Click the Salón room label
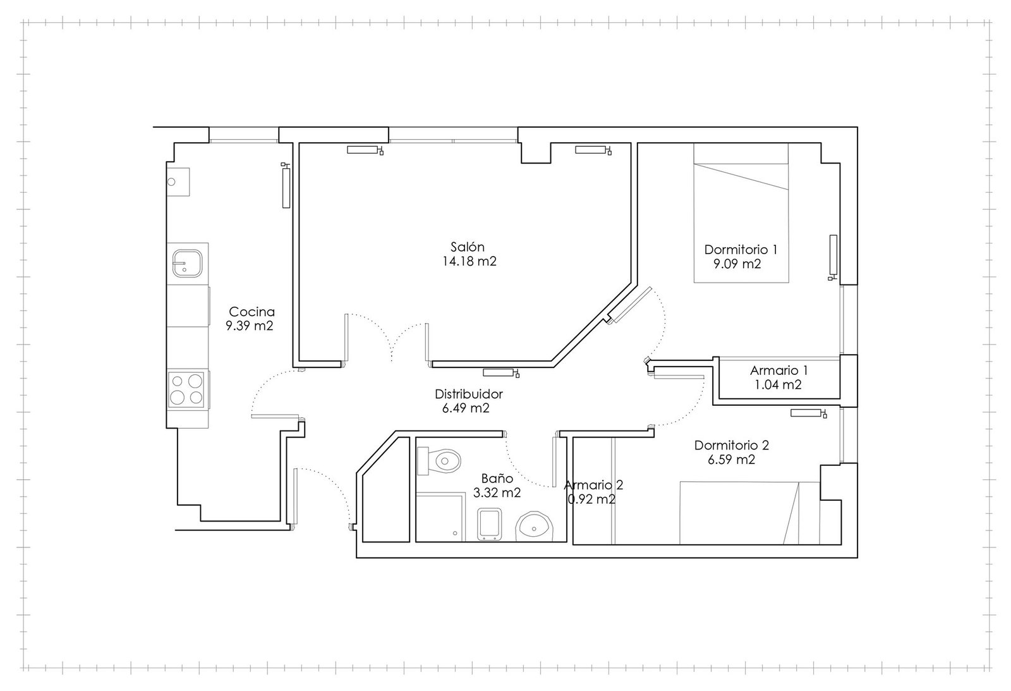(468, 247)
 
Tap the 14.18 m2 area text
(469, 261)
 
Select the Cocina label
(252, 312)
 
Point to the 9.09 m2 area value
(737, 264)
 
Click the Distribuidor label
(468, 394)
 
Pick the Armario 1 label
(779, 370)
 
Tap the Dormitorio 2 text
(732, 445)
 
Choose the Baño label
(497, 478)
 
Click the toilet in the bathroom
(439, 461)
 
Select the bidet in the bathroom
(490, 524)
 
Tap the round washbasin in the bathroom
(535, 527)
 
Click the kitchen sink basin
(187, 263)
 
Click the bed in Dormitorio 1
(741, 212)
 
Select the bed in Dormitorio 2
(749, 513)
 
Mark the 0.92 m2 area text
(591, 499)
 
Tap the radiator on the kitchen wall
(286, 186)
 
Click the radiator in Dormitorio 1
(833, 257)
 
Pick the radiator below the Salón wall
(501, 372)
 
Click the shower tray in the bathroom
(440, 518)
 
